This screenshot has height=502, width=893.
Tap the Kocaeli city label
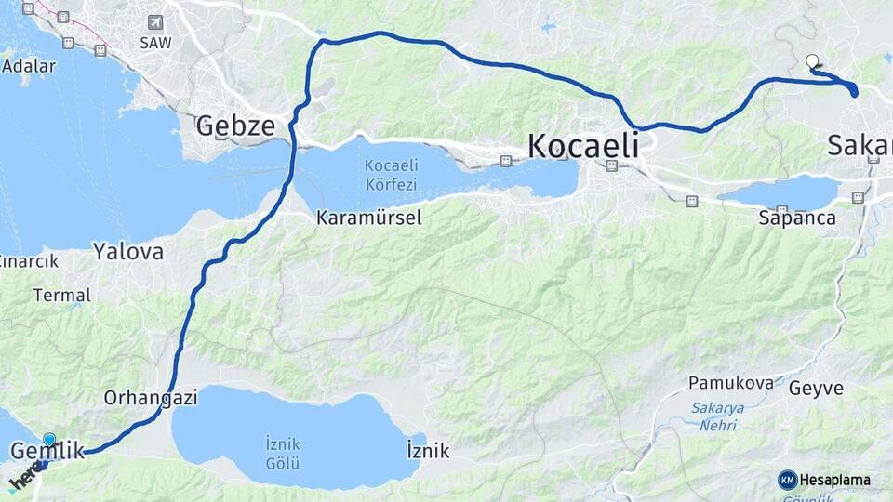coord(583,146)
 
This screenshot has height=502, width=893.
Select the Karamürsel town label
coord(368,218)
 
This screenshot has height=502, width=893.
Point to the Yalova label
coord(128,251)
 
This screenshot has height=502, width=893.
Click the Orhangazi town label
coord(151,397)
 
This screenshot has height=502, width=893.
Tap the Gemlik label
coord(47,452)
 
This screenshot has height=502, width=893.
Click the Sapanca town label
coord(797,218)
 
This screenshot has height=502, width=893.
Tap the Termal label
coord(61,296)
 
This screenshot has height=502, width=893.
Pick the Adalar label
coord(29,66)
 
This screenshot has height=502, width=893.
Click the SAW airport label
coord(155,42)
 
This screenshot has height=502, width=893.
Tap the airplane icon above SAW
coord(154,22)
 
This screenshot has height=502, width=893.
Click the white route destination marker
coord(812,62)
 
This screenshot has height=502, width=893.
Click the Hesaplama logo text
coord(834,480)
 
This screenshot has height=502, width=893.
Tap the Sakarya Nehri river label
coord(714,416)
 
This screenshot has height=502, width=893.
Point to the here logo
coord(25,479)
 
